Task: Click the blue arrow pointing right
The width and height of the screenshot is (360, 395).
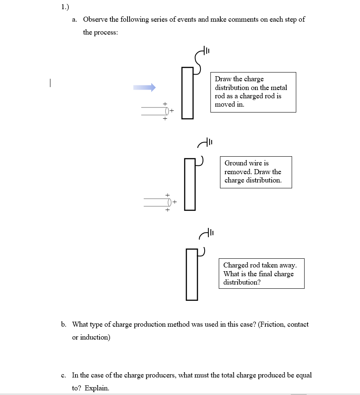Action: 144,87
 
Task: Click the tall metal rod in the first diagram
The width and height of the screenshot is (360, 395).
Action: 187,92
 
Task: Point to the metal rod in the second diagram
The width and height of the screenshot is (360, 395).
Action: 190,184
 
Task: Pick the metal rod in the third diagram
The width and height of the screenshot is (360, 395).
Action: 192,274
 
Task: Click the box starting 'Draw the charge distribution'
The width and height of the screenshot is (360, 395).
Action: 253,92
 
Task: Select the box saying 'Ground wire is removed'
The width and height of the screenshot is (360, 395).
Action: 256,172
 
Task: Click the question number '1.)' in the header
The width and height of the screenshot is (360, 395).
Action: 65,7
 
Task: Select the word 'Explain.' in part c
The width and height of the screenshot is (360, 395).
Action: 97,388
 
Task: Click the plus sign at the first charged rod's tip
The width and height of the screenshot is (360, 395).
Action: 172,111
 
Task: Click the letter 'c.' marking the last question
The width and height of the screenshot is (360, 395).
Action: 64,375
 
